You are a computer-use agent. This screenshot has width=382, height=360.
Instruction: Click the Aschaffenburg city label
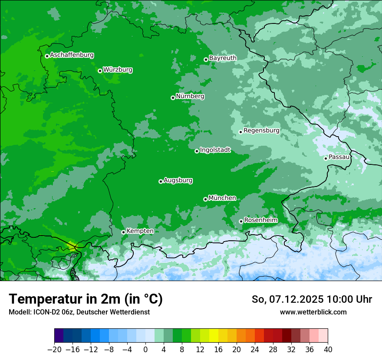tap(72, 55)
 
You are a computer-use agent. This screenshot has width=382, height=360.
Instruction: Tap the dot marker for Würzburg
tap(100, 71)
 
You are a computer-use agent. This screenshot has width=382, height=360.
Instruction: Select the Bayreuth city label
tap(223, 58)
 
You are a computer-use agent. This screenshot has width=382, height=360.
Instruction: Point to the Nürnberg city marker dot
tap(173, 98)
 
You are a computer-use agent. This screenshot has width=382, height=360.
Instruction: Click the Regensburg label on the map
tap(261, 131)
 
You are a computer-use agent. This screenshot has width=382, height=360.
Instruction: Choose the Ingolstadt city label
tap(215, 150)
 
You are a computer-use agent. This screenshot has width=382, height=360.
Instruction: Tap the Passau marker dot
tap(326, 158)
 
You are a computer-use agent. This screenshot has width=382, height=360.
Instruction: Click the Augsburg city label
tap(178, 180)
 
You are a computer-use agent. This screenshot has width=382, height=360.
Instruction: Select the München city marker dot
tap(205, 200)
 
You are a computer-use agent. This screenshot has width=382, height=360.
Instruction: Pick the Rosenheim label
tap(260, 220)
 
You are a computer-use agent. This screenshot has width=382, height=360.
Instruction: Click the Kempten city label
tap(140, 231)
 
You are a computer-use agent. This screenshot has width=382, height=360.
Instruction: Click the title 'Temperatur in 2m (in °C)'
tap(86, 299)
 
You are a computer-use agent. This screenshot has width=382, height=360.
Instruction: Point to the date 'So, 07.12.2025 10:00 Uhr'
tap(312, 299)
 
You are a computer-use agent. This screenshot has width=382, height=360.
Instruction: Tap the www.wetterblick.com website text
tap(313, 312)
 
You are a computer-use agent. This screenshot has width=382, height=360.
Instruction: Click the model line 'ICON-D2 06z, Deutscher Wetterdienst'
tap(79, 312)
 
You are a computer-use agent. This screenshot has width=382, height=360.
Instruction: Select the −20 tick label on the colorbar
tap(54, 350)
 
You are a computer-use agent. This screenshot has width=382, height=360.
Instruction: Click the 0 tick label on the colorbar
tap(145, 350)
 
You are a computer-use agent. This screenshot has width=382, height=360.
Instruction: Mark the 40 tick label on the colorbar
tap(328, 350)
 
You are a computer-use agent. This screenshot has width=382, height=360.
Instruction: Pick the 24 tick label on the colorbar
tap(255, 350)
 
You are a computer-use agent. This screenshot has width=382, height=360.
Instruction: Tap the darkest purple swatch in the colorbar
tap(59, 335)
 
